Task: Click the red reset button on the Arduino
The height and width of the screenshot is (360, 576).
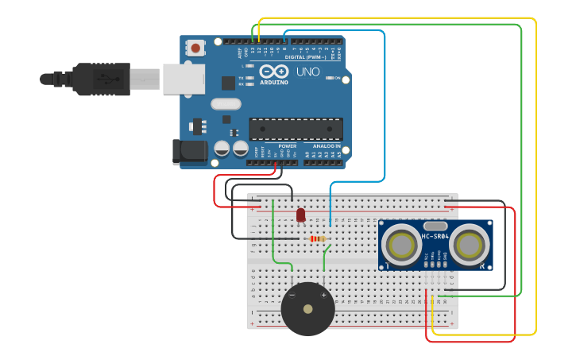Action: [195, 49]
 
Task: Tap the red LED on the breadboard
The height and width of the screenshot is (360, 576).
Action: [300, 215]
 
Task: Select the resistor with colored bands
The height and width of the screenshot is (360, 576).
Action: [317, 238]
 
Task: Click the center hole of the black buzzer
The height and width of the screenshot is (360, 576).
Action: [307, 308]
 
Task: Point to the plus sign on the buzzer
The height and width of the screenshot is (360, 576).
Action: [323, 295]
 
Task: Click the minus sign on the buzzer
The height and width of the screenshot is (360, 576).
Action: [292, 295]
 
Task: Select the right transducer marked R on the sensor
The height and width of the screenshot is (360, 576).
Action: [470, 246]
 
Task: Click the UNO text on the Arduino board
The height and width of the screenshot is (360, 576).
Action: [307, 72]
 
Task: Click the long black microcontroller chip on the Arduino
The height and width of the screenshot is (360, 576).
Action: [296, 129]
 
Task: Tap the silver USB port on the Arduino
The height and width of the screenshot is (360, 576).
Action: [184, 79]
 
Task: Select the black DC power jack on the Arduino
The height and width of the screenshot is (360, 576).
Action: [190, 153]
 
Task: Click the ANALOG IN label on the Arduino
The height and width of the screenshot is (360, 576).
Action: [326, 146]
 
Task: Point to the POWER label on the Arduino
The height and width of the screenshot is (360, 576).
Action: [287, 146]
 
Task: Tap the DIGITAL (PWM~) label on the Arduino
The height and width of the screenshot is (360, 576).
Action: [306, 57]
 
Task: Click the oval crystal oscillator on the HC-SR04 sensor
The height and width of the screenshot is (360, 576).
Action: [436, 226]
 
